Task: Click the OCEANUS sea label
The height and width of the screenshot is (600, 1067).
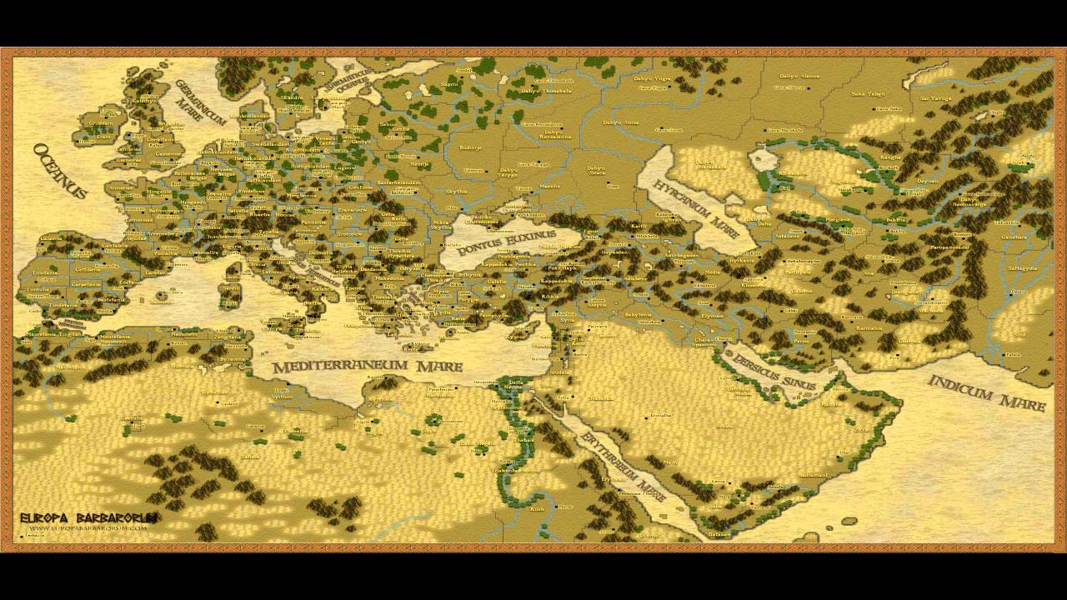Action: click(x=60, y=171)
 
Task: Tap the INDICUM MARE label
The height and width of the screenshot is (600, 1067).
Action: click(x=986, y=393)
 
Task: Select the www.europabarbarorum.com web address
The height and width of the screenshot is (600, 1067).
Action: click(x=88, y=528)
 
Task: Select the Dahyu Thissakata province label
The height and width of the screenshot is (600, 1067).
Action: click(x=546, y=91)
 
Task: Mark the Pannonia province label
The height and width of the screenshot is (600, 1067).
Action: click(x=313, y=222)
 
